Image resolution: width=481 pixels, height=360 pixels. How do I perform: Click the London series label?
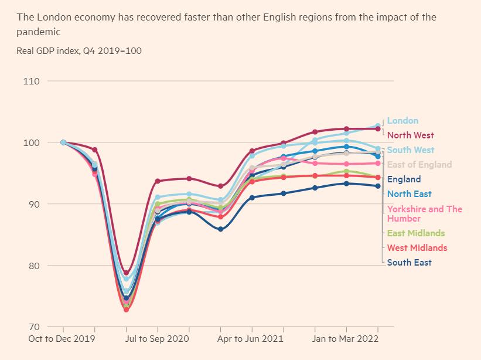click(x=402, y=121)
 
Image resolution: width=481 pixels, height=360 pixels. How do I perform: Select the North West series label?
click(x=410, y=135)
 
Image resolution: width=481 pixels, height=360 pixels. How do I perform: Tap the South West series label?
click(x=411, y=150)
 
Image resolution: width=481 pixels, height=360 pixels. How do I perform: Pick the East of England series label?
click(x=419, y=165)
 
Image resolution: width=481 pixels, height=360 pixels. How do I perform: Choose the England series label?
click(x=404, y=179)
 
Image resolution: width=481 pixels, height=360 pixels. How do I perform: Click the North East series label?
click(x=409, y=194)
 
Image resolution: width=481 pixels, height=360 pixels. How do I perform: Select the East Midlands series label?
click(x=416, y=233)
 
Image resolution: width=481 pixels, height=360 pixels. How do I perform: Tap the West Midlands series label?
click(x=417, y=248)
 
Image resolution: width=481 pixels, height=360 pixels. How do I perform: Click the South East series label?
click(x=409, y=263)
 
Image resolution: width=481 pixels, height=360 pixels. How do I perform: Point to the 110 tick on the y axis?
click(x=32, y=81)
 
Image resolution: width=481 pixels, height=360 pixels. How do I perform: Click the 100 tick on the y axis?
click(x=32, y=142)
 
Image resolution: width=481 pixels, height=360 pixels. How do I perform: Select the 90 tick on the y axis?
click(x=34, y=204)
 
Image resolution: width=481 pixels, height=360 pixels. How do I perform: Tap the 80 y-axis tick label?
click(x=34, y=266)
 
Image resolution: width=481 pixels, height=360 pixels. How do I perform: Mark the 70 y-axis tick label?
click(x=34, y=327)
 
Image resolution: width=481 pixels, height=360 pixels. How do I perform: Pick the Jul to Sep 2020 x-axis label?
click(x=158, y=339)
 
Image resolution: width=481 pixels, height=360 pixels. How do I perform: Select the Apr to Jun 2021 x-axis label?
click(x=252, y=339)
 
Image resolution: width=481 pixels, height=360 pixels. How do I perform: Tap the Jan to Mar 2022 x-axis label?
click(x=346, y=339)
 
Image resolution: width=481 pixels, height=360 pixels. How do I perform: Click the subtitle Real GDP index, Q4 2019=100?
click(x=79, y=51)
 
